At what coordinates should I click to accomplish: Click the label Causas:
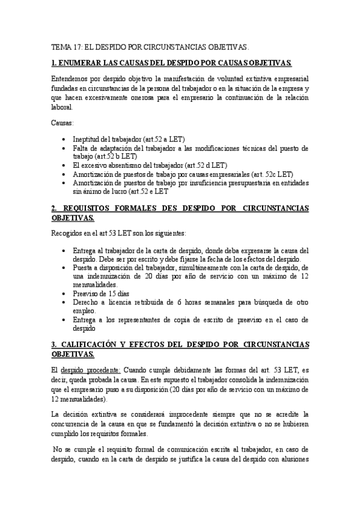63,123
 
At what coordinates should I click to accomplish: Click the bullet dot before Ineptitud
65,139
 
